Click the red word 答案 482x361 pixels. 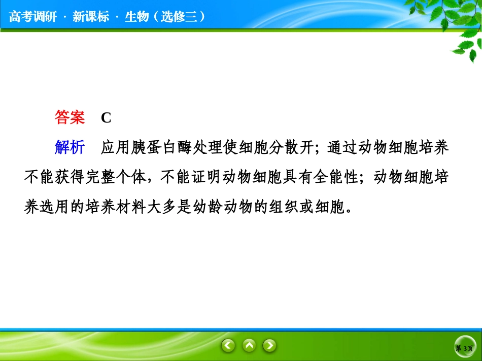coord(70,118)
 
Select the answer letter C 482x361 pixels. coord(106,118)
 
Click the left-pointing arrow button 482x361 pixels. coord(228,346)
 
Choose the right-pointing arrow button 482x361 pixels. coord(269,346)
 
